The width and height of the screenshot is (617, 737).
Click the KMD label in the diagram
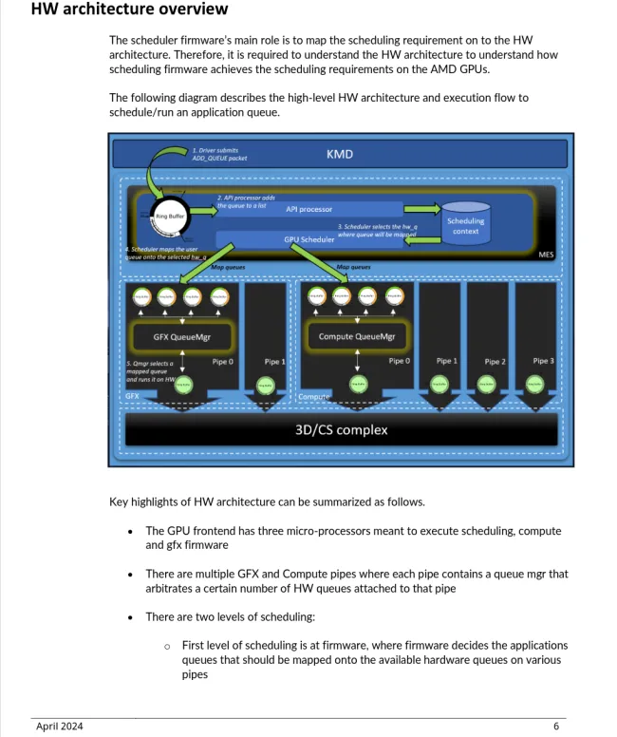340,154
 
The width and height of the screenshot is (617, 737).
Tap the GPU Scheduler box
309,239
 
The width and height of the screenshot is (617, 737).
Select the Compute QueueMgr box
356,335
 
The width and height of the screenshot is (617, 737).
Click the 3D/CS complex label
340,429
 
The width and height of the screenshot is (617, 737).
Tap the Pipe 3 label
543,361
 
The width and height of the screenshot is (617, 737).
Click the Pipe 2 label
495,362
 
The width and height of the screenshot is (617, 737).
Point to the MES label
546,255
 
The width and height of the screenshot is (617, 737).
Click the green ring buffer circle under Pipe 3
534,384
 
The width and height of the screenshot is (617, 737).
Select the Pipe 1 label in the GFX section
272,362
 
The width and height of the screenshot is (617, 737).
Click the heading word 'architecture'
107,9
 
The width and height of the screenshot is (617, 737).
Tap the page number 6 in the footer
556,727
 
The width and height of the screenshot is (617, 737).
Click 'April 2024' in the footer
59,727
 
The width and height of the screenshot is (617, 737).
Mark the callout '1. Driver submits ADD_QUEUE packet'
219,154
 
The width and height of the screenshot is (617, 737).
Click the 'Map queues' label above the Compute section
353,267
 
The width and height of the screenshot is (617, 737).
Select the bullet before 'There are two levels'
129,617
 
